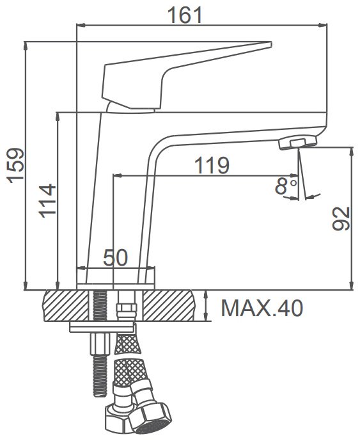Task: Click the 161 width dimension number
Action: [185, 15]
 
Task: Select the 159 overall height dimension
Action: [16, 165]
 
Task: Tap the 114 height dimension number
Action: [47, 201]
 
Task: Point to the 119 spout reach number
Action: [212, 165]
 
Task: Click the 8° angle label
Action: [286, 186]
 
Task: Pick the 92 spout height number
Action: [341, 219]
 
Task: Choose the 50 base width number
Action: [115, 257]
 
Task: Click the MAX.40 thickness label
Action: [262, 309]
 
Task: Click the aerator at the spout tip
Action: [298, 143]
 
